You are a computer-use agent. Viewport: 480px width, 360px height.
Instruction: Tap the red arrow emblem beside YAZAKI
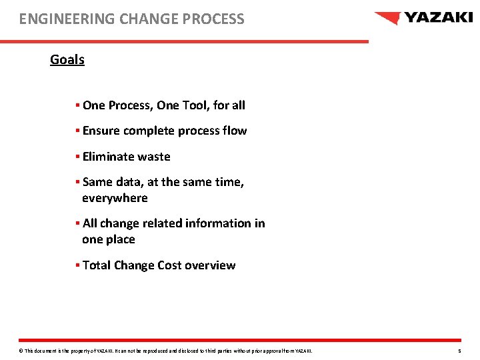(x=387, y=18)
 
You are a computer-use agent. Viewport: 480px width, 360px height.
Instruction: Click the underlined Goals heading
(x=67, y=59)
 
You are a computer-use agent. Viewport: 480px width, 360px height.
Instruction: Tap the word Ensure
(x=101, y=131)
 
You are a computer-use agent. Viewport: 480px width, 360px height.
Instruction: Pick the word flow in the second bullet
(x=235, y=131)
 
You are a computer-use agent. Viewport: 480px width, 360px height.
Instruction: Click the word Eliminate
(x=108, y=157)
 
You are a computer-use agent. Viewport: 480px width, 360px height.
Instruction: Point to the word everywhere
(x=115, y=198)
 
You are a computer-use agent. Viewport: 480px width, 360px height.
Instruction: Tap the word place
(x=119, y=239)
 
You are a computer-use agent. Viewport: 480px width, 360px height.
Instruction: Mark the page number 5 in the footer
(x=459, y=351)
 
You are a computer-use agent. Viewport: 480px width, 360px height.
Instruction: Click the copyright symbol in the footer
(x=21, y=351)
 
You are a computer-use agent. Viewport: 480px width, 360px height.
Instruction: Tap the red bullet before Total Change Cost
(x=77, y=265)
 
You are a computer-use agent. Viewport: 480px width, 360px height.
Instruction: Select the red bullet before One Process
(x=77, y=105)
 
